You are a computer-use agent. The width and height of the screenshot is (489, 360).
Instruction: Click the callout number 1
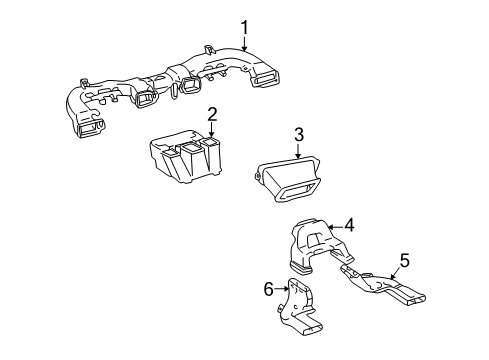(x=242, y=27)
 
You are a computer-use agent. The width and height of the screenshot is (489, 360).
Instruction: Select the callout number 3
(x=298, y=134)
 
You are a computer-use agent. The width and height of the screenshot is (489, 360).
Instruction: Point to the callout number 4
(x=350, y=225)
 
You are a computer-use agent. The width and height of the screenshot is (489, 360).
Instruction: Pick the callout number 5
(x=405, y=260)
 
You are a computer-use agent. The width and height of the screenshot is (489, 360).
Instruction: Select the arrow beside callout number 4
(x=337, y=226)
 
